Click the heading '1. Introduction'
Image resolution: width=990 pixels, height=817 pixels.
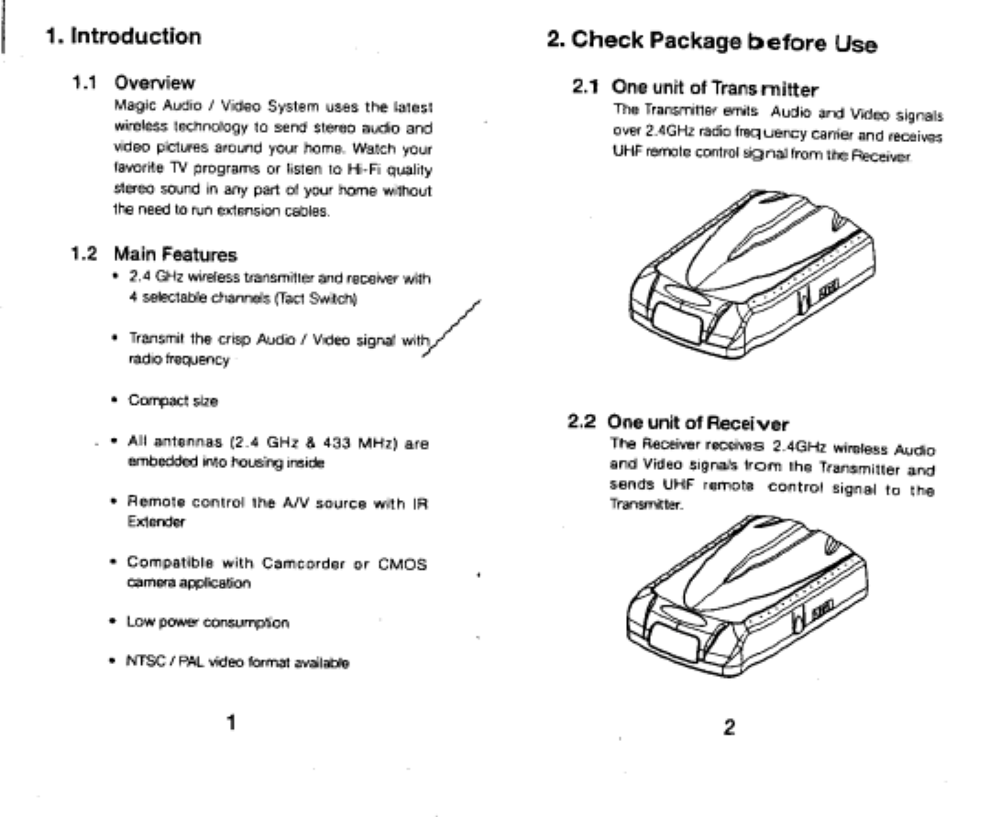(x=124, y=38)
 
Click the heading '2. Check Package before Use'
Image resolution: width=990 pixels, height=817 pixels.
(x=711, y=41)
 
